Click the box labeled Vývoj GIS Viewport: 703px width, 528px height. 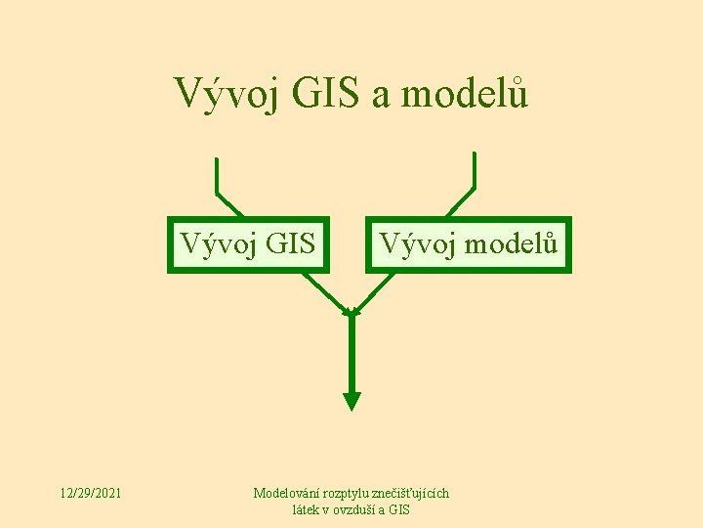point(247,243)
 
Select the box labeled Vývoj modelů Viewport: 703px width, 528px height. point(468,243)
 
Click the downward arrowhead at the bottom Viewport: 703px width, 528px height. point(352,400)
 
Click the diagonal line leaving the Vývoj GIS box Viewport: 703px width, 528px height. point(323,291)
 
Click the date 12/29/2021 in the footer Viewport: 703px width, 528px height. point(90,494)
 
